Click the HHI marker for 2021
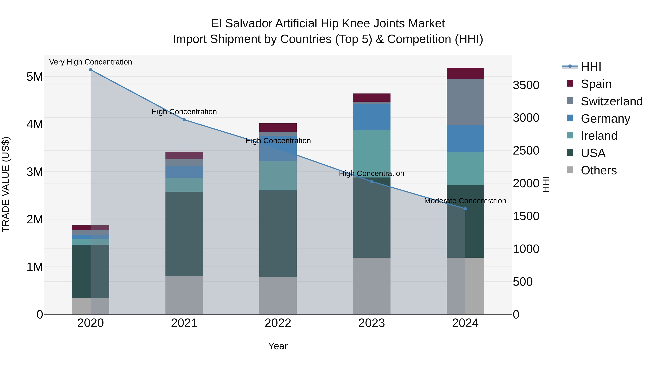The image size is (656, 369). (x=184, y=120)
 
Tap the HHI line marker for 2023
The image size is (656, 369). (x=372, y=181)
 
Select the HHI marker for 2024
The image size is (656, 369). (x=465, y=209)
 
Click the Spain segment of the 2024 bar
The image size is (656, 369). (x=465, y=73)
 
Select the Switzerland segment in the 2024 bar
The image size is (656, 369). (x=465, y=102)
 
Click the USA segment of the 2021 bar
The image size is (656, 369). (x=184, y=234)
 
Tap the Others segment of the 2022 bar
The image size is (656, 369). (x=278, y=295)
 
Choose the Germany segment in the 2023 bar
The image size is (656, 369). (x=372, y=117)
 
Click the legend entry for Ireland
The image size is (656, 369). (x=598, y=136)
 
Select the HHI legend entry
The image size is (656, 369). (x=591, y=67)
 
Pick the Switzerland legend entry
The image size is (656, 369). (x=611, y=101)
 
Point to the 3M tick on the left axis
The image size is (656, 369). (x=35, y=172)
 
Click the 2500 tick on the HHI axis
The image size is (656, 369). (x=526, y=151)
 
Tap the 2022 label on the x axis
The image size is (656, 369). (x=278, y=323)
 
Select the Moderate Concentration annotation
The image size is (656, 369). (x=465, y=201)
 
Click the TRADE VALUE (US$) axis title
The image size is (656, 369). (x=6, y=184)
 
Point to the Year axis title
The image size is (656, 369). (x=278, y=346)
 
